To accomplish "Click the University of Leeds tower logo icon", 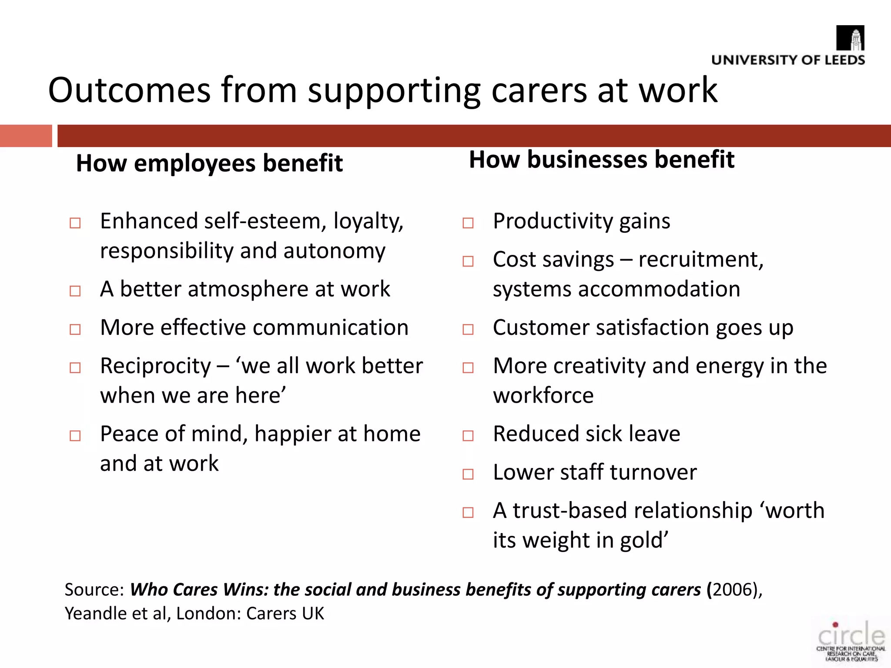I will [x=851, y=38].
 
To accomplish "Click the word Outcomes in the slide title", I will [x=129, y=90].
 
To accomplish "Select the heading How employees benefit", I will [x=209, y=163].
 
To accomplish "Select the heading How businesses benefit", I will [x=602, y=159].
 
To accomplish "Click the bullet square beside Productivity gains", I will [x=468, y=223].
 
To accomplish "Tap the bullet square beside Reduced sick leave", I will [x=468, y=436].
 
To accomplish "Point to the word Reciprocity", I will [x=155, y=366].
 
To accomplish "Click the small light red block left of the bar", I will [x=26, y=136].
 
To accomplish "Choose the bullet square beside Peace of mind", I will [x=75, y=436].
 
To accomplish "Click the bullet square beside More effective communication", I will [x=75, y=329].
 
